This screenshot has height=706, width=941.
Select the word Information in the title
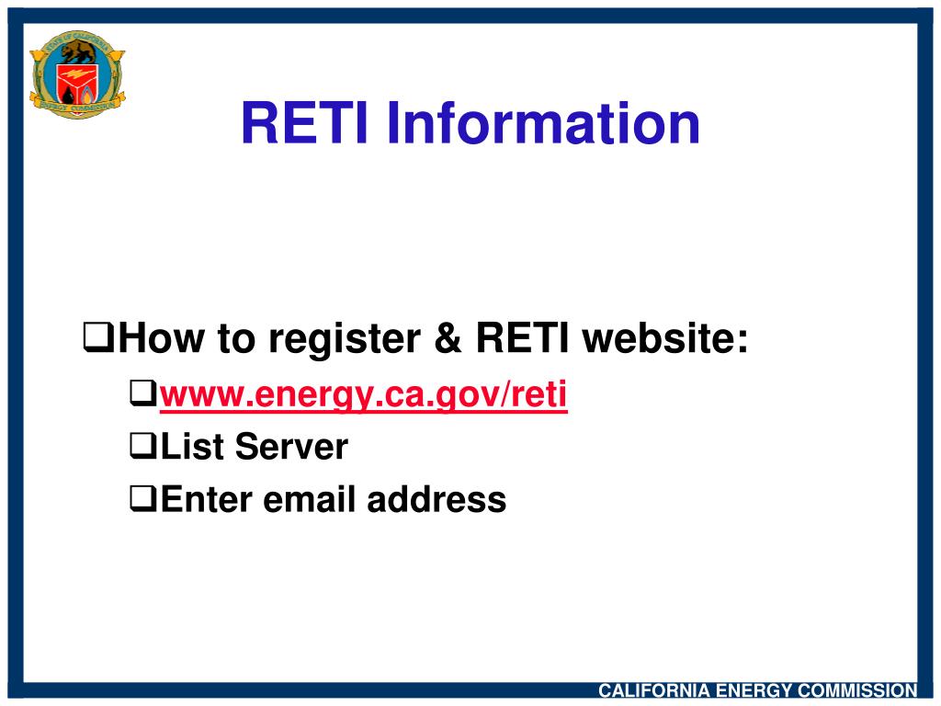tap(542, 124)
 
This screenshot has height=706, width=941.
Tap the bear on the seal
tap(77, 50)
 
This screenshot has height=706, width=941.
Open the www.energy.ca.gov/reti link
tap(364, 395)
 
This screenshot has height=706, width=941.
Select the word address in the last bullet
tap(436, 500)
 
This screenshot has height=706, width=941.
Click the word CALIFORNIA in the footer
tap(655, 690)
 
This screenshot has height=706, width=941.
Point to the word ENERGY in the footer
tap(754, 690)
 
